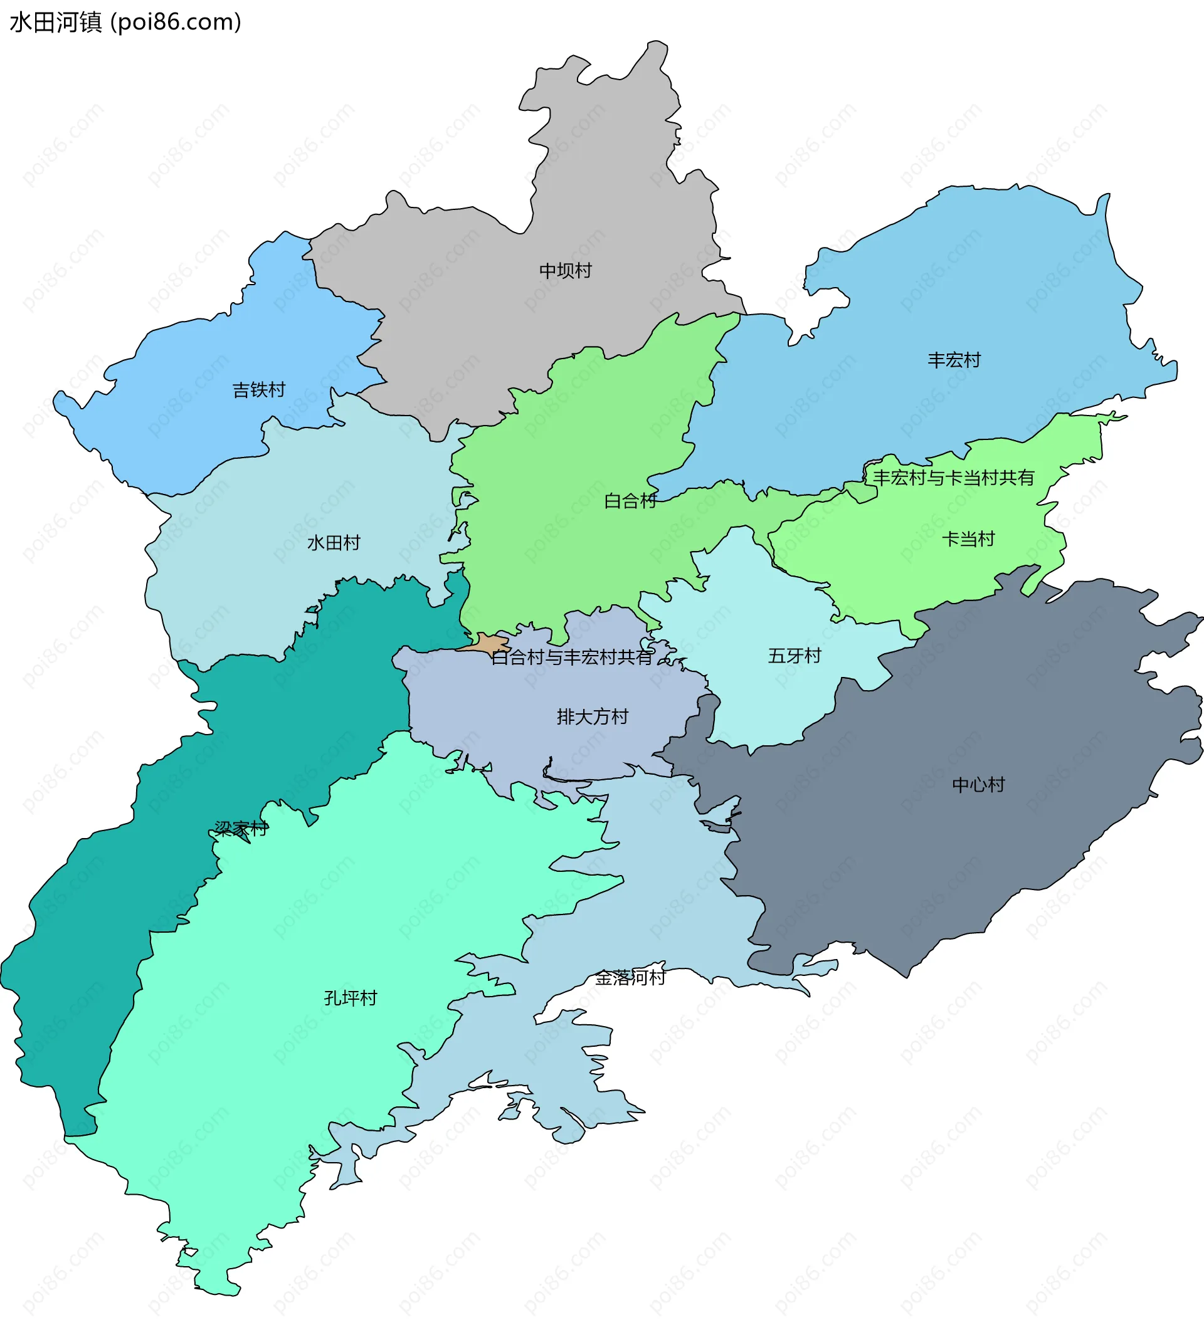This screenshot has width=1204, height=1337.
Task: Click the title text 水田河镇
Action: click(56, 23)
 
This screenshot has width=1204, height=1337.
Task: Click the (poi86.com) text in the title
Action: click(176, 23)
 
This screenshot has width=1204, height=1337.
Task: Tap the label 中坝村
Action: click(565, 270)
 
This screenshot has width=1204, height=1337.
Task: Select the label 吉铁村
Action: click(258, 390)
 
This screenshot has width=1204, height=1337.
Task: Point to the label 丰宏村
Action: click(953, 360)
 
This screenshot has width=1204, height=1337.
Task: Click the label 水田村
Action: click(334, 543)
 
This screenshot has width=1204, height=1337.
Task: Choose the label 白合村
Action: click(630, 501)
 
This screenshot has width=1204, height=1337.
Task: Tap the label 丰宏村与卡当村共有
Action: click(953, 478)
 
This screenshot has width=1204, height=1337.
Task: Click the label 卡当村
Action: click(968, 539)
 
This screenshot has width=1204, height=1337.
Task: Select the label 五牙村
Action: click(794, 656)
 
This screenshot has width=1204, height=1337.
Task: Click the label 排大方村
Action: click(592, 717)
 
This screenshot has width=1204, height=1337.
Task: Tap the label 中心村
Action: click(978, 785)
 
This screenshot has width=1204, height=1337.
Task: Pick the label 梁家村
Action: click(241, 829)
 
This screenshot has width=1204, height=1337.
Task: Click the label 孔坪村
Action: click(350, 998)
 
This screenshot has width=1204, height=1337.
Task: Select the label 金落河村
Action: click(630, 977)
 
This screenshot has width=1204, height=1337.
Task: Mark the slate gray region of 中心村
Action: click(926, 859)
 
